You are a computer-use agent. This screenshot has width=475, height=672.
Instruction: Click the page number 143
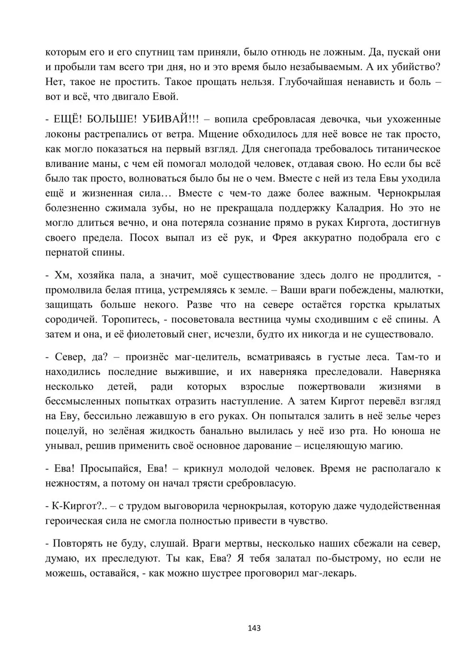[x=255, y=628]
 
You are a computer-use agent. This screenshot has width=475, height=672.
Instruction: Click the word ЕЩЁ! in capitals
[x=67, y=119]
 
